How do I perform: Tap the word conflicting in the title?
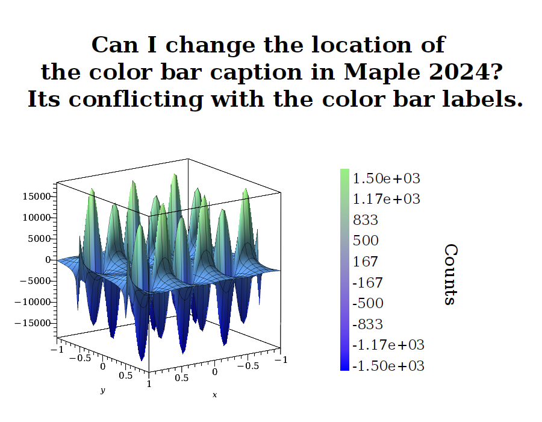[135, 100]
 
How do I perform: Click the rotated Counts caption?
[450, 275]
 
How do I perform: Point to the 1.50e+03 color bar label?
[387, 178]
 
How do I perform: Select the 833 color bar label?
[366, 220]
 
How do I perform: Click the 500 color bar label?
[366, 241]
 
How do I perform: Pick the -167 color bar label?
[368, 283]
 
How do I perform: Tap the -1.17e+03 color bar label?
[388, 345]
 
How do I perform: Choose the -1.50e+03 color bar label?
[388, 366]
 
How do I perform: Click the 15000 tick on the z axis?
[37, 197]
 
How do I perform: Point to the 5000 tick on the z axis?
[39, 239]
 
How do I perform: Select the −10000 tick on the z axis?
[33, 302]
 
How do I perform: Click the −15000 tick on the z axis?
[33, 323]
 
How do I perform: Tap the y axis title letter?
[102, 390]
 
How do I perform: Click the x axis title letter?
[214, 395]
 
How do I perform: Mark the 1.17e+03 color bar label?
[387, 199]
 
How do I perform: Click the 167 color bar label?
[366, 262]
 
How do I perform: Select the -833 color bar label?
[368, 324]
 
